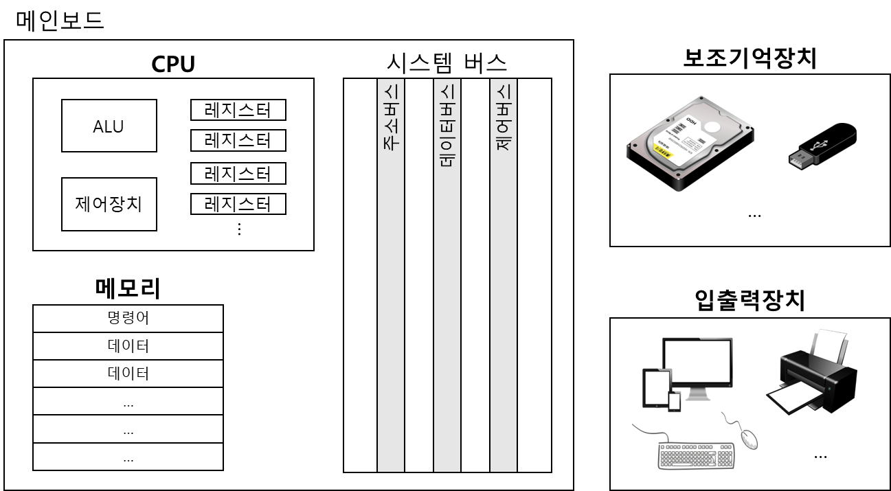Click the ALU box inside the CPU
coord(109,126)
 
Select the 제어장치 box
coord(109,204)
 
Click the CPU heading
coord(173,65)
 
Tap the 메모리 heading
coord(128,289)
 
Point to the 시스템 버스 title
coord(447,63)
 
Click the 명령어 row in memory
coord(128,319)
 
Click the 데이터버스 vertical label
coord(447,127)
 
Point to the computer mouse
coord(748,437)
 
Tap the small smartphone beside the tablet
coord(675,401)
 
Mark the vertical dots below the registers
coord(239,229)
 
